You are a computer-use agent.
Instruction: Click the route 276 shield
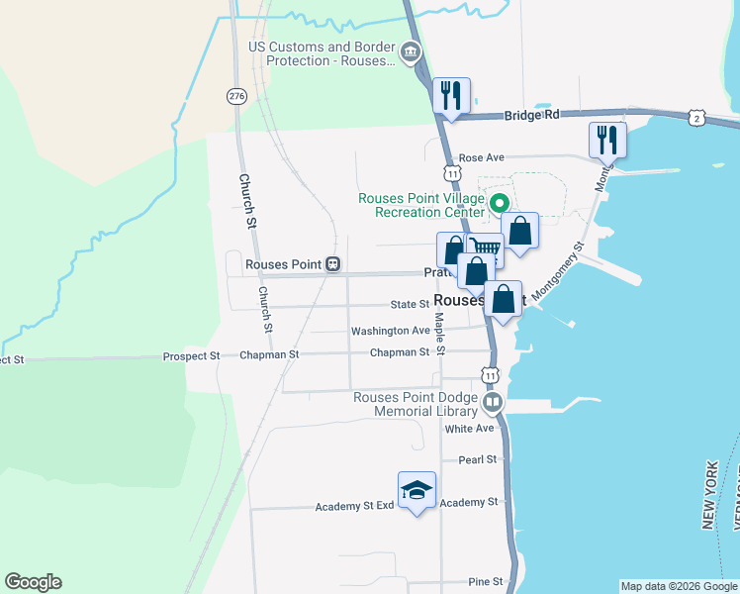pyautogui.click(x=235, y=96)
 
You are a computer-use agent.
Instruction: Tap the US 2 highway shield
pyautogui.click(x=697, y=119)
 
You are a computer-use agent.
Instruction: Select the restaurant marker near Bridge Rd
pyautogui.click(x=451, y=96)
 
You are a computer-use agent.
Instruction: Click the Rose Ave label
pyautogui.click(x=482, y=157)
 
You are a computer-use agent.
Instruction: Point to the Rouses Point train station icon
pyautogui.click(x=333, y=264)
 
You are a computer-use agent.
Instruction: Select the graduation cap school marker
pyautogui.click(x=416, y=490)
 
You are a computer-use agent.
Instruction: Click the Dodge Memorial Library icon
pyautogui.click(x=493, y=404)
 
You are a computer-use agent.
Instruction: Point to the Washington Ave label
pyautogui.click(x=391, y=331)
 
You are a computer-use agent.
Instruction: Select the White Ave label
pyautogui.click(x=469, y=429)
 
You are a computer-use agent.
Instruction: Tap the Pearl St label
pyautogui.click(x=477, y=459)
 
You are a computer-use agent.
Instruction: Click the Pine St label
pyautogui.click(x=486, y=581)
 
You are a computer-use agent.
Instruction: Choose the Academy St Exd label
pyautogui.click(x=355, y=506)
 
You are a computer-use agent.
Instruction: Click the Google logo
pyautogui.click(x=33, y=582)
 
